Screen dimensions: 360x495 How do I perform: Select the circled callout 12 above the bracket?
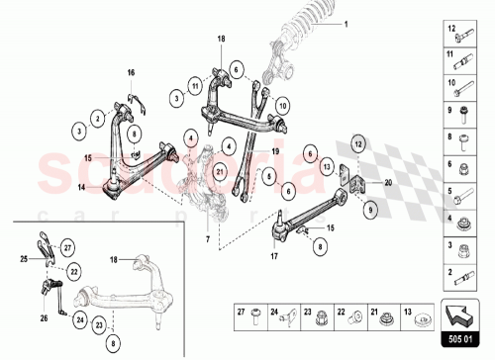358,144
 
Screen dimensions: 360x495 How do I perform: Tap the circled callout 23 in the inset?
99,323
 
